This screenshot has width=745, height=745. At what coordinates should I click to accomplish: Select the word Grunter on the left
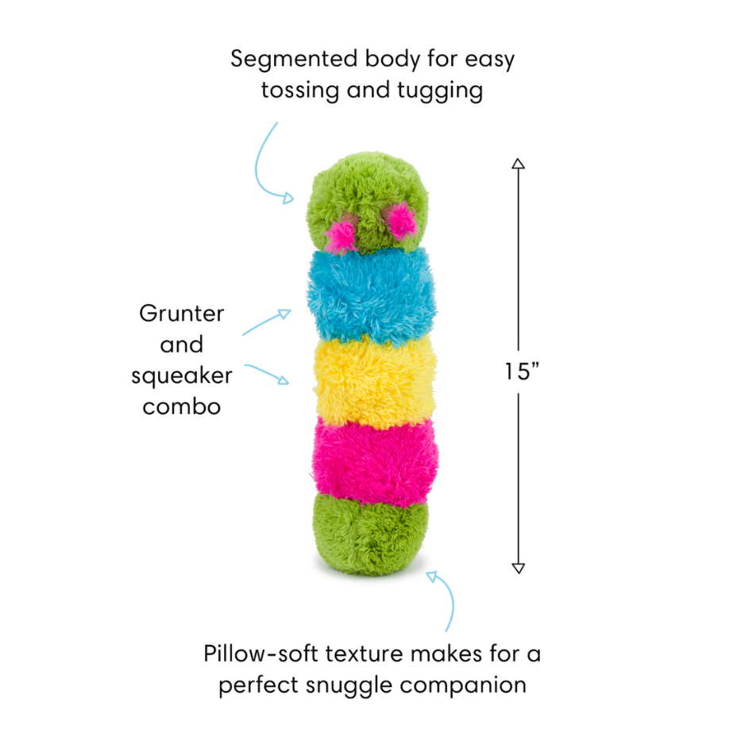(x=181, y=313)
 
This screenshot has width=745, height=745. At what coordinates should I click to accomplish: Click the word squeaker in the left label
(x=181, y=375)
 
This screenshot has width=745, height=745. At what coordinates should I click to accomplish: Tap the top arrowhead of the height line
(x=518, y=164)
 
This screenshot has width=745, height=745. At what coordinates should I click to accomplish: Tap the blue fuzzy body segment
(x=371, y=294)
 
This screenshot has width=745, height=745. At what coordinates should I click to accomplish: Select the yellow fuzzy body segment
(x=373, y=380)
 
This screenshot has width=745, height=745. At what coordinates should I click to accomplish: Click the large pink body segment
(x=373, y=461)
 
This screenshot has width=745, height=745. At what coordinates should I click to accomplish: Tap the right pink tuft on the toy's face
(x=401, y=220)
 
